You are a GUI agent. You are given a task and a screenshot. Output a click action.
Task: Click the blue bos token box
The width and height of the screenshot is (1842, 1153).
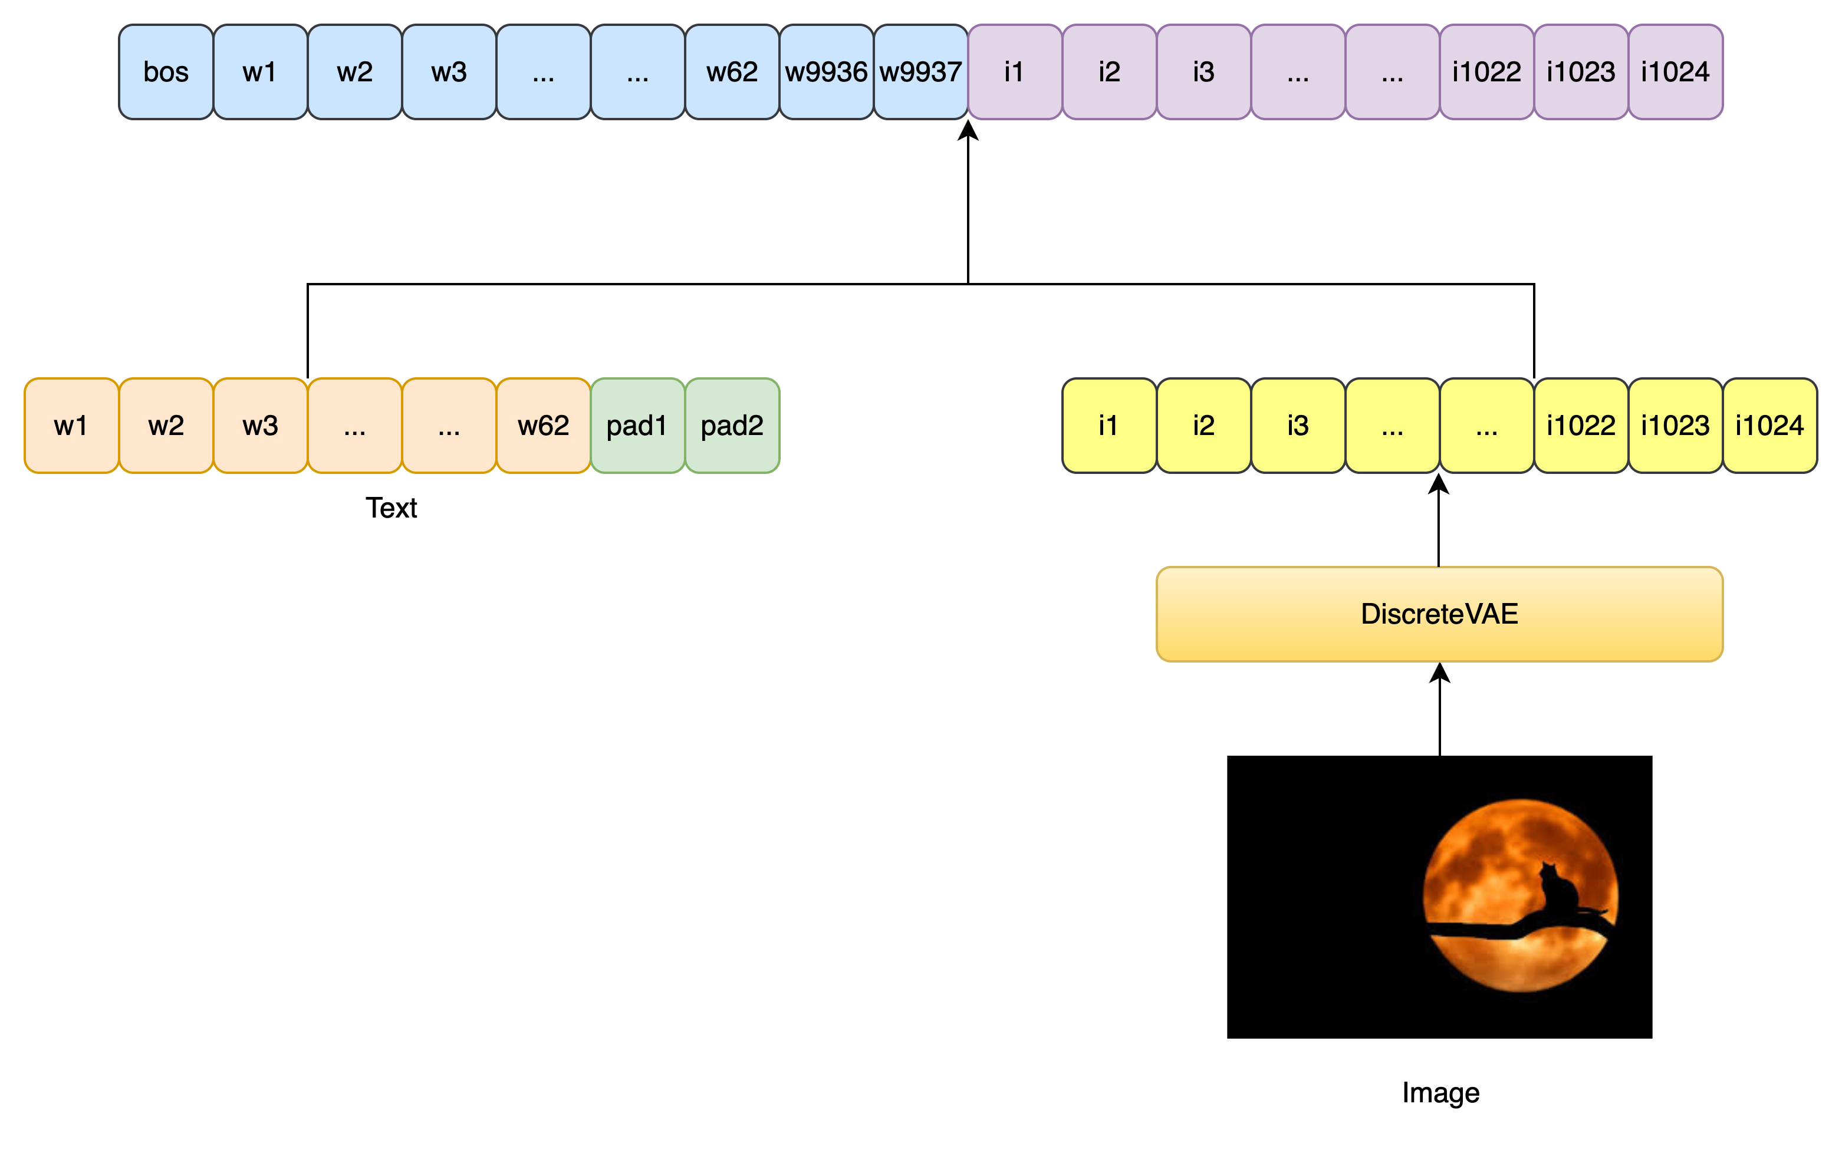pos(166,72)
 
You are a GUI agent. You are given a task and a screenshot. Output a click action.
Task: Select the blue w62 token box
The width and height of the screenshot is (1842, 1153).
pos(732,72)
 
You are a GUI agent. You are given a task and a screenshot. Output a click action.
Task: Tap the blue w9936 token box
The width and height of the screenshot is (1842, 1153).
pos(826,72)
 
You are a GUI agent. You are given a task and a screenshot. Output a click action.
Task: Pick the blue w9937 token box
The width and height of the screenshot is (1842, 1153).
pos(920,72)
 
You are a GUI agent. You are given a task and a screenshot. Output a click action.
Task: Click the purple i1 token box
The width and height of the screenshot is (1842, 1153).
pos(1014,72)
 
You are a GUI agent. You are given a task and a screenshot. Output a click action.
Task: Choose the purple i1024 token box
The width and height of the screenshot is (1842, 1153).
pos(1675,72)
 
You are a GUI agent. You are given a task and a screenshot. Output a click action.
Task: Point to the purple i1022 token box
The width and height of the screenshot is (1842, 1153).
pos(1486,72)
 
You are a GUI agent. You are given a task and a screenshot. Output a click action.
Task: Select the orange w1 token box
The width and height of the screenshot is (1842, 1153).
pos(71,426)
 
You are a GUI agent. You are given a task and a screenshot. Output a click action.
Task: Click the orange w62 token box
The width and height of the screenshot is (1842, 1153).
pos(543,426)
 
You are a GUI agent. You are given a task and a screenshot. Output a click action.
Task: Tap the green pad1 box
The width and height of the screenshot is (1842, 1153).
pos(637,426)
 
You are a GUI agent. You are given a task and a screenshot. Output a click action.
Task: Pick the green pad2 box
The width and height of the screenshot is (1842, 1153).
pos(732,426)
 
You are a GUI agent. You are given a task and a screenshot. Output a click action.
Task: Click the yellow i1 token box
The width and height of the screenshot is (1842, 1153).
pos(1109,426)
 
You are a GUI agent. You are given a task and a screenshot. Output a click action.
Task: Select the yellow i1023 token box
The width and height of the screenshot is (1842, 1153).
pos(1675,426)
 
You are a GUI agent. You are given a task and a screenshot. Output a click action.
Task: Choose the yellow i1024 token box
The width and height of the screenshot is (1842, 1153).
pos(1769,426)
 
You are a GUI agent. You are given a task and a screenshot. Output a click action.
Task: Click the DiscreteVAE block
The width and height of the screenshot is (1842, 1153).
pos(1439,614)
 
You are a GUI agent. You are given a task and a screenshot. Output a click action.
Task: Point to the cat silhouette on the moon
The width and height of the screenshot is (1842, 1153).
pos(1556,888)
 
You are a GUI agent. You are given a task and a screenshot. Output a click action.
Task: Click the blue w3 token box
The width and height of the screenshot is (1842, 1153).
pos(449,72)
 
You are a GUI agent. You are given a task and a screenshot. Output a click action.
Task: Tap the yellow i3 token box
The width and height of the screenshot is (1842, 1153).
pos(1297,426)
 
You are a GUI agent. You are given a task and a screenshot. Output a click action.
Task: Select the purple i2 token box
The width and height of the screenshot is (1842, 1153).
pos(1109,72)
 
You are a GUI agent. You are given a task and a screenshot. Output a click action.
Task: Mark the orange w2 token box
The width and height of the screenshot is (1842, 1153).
pos(166,426)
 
